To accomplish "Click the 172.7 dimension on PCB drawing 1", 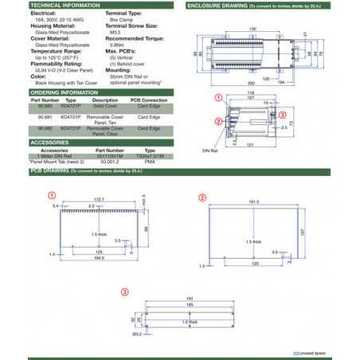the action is point(100,198).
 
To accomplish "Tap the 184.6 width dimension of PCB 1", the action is point(100,258).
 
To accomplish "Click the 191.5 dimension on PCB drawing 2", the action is point(255,202).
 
